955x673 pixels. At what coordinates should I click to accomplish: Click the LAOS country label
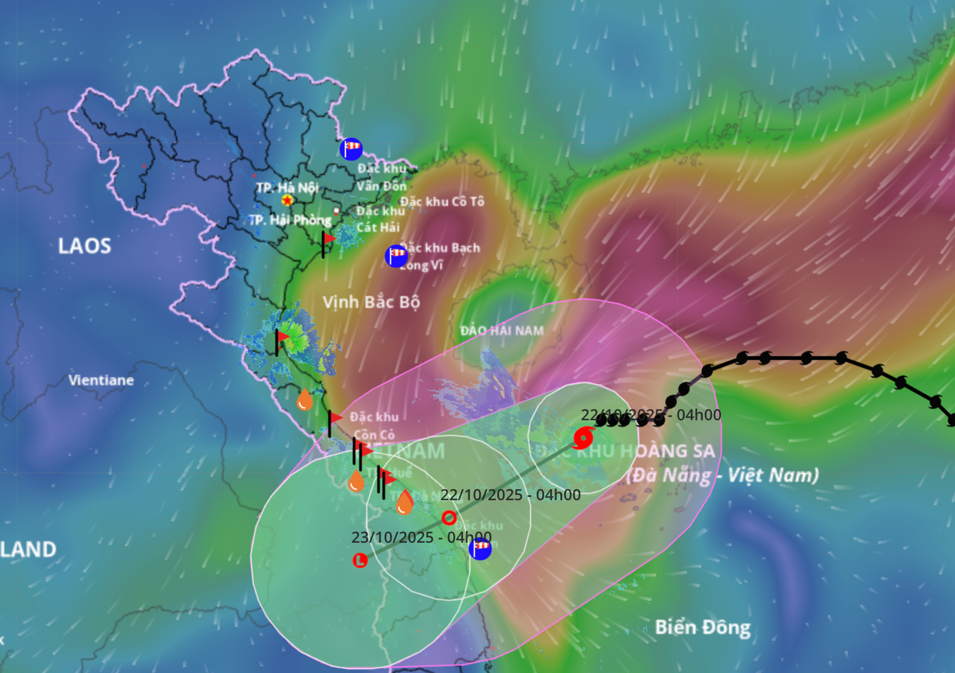(x=84, y=246)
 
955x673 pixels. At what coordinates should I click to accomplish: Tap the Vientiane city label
(x=101, y=380)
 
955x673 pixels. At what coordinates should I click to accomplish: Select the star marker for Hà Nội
(x=287, y=201)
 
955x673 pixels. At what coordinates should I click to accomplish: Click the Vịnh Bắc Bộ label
(x=371, y=302)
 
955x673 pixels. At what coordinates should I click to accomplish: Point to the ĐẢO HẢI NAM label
(x=502, y=331)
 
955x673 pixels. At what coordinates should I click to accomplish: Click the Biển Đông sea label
(x=702, y=627)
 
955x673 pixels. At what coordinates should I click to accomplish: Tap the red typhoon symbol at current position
(x=583, y=437)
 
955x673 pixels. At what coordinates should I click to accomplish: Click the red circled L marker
(x=360, y=560)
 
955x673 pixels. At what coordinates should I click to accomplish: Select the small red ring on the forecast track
(x=449, y=518)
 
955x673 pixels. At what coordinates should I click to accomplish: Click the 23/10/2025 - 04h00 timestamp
(x=421, y=537)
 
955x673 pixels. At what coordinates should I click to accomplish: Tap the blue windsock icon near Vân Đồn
(x=351, y=148)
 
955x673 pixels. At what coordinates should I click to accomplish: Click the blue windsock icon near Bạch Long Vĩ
(x=396, y=255)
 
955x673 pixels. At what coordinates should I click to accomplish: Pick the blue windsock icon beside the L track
(x=480, y=548)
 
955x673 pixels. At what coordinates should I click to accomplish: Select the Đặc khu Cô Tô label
(x=442, y=202)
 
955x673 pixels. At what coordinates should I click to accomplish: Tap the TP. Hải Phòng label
(x=290, y=220)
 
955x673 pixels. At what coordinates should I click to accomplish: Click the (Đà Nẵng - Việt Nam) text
(x=723, y=475)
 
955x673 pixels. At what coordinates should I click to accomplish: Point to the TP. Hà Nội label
(x=286, y=187)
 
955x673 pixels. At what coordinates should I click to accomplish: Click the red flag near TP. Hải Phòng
(x=328, y=239)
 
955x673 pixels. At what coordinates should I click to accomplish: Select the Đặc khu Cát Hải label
(x=379, y=219)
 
